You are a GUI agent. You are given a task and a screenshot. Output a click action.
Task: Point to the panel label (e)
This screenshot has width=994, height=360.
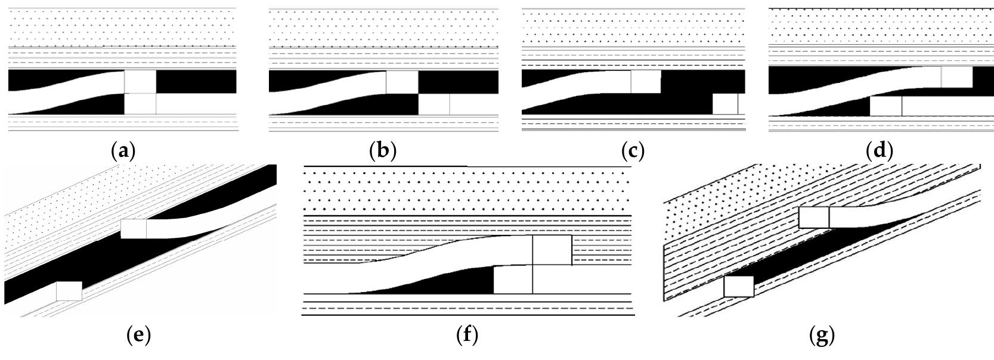pyautogui.click(x=138, y=336)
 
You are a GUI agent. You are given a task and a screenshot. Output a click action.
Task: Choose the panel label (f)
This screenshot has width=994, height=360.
pyautogui.click(x=467, y=336)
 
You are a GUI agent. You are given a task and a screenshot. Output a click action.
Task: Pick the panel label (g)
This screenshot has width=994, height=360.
pyautogui.click(x=822, y=336)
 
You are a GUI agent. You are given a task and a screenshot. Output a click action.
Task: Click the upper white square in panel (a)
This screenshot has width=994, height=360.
pyautogui.click(x=140, y=82)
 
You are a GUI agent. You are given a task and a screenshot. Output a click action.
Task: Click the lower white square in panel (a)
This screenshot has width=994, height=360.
pyautogui.click(x=140, y=104)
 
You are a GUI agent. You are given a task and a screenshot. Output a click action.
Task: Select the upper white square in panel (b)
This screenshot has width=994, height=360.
pyautogui.click(x=402, y=82)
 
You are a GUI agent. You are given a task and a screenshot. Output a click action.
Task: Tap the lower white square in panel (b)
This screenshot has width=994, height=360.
pyautogui.click(x=434, y=104)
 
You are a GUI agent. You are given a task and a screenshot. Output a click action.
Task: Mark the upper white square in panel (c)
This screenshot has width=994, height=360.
pyautogui.click(x=646, y=82)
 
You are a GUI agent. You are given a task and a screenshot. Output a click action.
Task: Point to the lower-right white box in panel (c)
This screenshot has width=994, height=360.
pyautogui.click(x=726, y=104)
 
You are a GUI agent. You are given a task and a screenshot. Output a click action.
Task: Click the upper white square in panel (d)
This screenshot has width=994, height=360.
pyautogui.click(x=957, y=77)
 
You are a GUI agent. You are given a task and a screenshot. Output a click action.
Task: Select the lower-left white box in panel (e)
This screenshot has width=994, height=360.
pyautogui.click(x=69, y=291)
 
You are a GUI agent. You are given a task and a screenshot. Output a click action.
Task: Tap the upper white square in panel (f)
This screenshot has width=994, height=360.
pyautogui.click(x=552, y=250)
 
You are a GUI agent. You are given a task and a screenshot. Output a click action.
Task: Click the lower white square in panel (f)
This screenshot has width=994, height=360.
pyautogui.click(x=513, y=279)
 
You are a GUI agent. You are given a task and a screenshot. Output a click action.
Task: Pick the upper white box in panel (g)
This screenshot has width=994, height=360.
pyautogui.click(x=814, y=218)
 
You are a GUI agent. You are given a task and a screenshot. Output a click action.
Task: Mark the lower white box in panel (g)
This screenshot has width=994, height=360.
pyautogui.click(x=739, y=287)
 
